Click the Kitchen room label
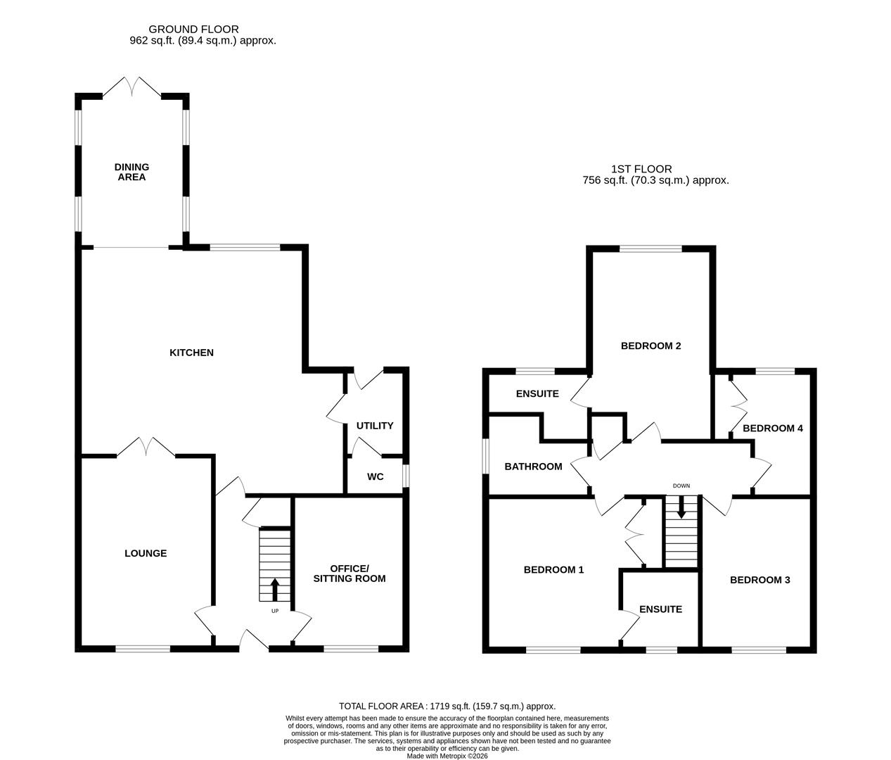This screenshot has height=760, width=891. [x=191, y=353]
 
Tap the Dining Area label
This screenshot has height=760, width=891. [x=132, y=172]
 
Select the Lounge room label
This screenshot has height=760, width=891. [x=146, y=553]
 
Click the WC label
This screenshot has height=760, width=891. [x=376, y=477]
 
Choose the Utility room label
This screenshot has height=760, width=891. [x=375, y=426]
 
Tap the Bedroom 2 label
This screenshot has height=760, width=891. [x=651, y=346]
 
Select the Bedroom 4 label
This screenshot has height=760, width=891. [x=772, y=428]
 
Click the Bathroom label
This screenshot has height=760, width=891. [x=533, y=467]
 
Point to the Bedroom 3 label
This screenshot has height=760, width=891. [x=759, y=580]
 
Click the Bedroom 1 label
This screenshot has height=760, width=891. [x=553, y=570]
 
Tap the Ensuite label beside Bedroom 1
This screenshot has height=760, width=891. [x=660, y=609]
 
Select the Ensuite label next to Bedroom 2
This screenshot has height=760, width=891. [x=537, y=394]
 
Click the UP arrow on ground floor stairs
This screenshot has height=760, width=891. [x=274, y=589]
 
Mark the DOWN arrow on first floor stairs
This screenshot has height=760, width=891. [x=681, y=508]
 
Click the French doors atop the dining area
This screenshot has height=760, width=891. [x=132, y=87]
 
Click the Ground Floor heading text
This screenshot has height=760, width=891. [x=193, y=30]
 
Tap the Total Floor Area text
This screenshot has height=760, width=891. [x=447, y=706]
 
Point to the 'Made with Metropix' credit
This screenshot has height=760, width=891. [x=447, y=756]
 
